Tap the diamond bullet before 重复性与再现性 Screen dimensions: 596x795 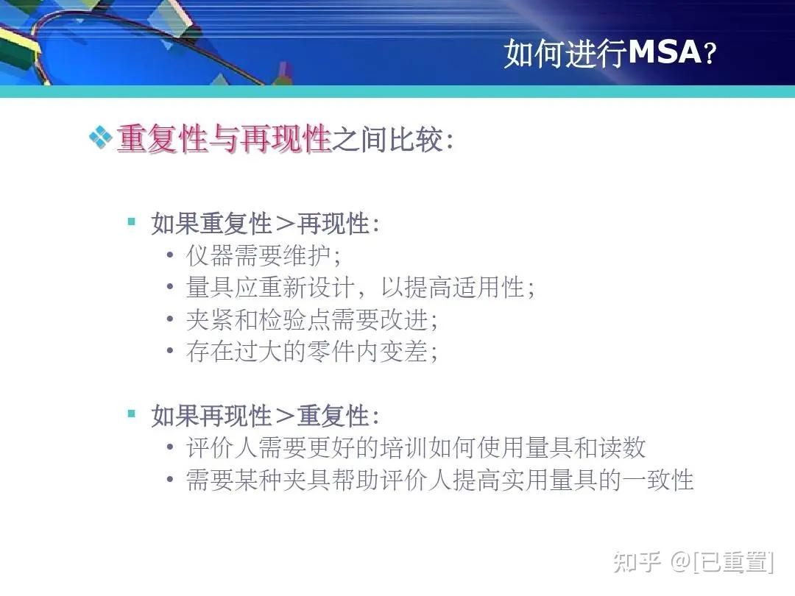pyautogui.click(x=100, y=137)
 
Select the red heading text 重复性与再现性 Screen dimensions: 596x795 pyautogui.click(x=224, y=138)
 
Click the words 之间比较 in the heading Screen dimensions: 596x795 pyautogui.click(x=388, y=138)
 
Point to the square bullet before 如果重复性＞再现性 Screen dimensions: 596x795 pyautogui.click(x=132, y=221)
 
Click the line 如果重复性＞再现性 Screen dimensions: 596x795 pyautogui.click(x=265, y=223)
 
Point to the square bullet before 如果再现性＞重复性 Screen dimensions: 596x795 pyautogui.click(x=132, y=414)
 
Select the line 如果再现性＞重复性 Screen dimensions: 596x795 pyautogui.click(x=265, y=416)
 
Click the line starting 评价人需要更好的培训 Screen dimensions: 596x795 pyautogui.click(x=416, y=447)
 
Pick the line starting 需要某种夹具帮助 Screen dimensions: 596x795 pyautogui.click(x=439, y=480)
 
